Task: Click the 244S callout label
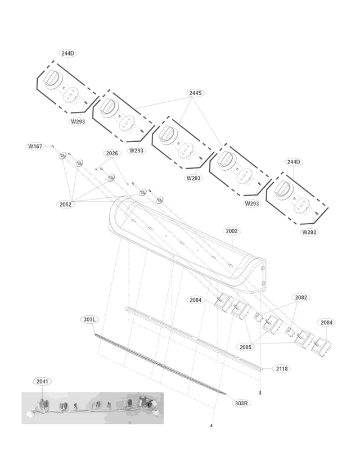click(x=195, y=93)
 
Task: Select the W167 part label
click(x=35, y=146)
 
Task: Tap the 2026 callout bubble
click(x=112, y=153)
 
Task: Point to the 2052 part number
click(x=66, y=205)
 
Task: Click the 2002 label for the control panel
click(x=232, y=230)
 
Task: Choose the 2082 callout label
click(x=301, y=297)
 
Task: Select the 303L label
click(x=89, y=319)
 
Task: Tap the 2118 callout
click(x=282, y=369)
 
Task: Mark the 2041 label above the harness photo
click(x=42, y=381)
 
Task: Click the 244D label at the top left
click(x=67, y=53)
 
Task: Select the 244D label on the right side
click(x=293, y=162)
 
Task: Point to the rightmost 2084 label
click(x=327, y=322)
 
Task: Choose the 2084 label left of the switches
click(x=195, y=300)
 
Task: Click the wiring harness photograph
click(x=93, y=408)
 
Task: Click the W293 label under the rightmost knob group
click(x=309, y=232)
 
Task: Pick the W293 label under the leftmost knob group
click(x=78, y=121)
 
